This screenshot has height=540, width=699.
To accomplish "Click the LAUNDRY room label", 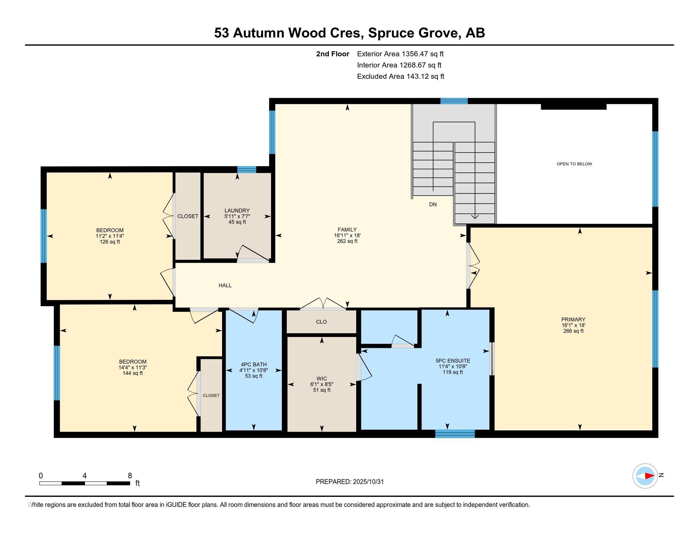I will tap(237, 211).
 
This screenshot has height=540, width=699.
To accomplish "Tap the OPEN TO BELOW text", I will tap(574, 164).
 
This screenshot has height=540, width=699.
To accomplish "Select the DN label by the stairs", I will tap(433, 205).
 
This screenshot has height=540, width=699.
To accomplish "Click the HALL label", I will tap(225, 285).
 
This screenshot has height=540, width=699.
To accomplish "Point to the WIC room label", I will tap(322, 378).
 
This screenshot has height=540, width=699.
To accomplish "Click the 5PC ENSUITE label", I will tap(452, 361).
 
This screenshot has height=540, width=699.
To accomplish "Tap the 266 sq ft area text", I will tap(573, 331).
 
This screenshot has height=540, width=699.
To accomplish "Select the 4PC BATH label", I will tap(254, 364).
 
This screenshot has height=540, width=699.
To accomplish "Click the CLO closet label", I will tap(321, 322).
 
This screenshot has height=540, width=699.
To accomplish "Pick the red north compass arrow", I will tap(649, 476).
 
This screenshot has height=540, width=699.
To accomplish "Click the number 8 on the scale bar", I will tap(130, 476).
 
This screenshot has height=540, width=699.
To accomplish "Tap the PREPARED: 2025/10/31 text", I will tap(349, 482).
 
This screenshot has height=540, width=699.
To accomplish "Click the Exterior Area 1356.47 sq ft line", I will tap(400, 54).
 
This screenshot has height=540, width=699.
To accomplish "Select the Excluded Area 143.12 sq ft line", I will tap(400, 77).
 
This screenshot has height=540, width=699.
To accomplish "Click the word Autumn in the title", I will tap(259, 33).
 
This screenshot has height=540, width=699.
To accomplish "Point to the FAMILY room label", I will tap(347, 229).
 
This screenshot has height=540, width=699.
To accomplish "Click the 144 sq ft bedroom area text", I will tap(132, 373).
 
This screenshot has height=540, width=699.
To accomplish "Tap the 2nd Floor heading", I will tap(333, 54).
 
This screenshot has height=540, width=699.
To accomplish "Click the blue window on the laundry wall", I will tap(247, 170).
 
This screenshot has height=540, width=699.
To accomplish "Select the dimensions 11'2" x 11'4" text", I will tap(110, 236).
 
